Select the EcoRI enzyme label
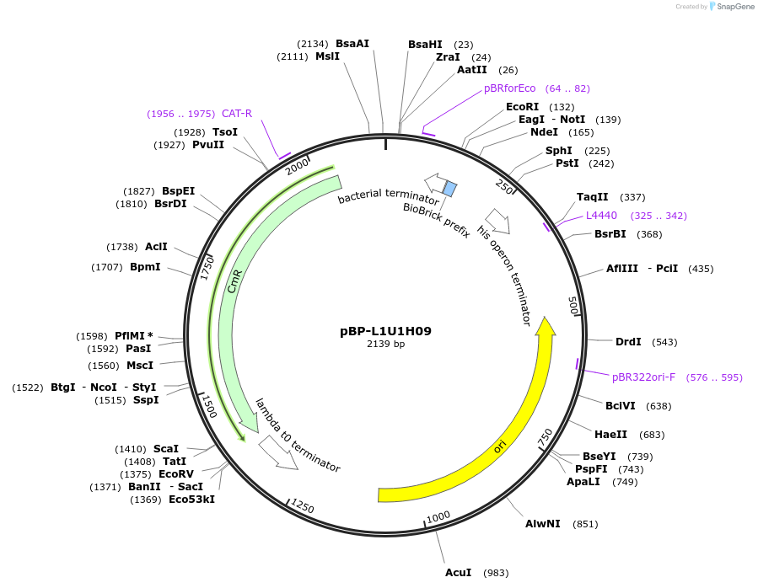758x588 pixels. coord(522,107)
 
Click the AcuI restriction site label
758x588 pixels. coord(460,573)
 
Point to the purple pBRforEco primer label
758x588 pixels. coord(509,88)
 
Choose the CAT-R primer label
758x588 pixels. coord(237,114)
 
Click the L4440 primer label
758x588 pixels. coord(601,216)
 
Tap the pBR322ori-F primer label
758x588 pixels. coord(642,377)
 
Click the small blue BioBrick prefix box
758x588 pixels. coord(450,190)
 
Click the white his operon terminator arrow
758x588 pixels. coord(498,222)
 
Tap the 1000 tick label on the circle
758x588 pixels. coord(438,517)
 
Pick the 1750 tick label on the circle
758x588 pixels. coord(206,266)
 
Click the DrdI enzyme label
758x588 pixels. coord(628,342)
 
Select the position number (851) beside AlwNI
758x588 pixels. coord(585,524)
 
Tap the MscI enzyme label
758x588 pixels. coord(140,366)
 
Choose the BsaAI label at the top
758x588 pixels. coord(352,44)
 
